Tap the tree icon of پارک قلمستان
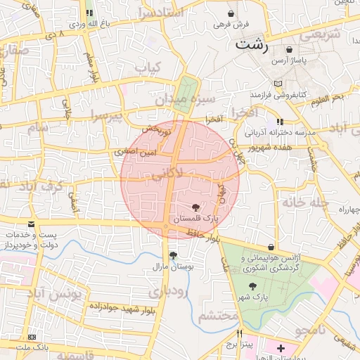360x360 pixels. [x=195, y=207]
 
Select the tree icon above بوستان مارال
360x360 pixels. [x=174, y=255]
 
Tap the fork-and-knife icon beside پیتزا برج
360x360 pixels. [x=240, y=334]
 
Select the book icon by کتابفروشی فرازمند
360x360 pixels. [x=281, y=82]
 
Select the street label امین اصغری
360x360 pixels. [x=133, y=151]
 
